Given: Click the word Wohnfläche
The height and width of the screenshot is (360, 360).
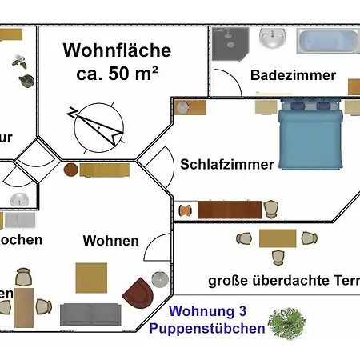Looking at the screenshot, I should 117,51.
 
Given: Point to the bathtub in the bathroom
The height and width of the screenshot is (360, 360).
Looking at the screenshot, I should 328,41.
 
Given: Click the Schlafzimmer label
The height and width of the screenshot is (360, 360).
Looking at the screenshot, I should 226,164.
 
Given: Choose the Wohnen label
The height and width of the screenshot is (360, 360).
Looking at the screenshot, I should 110,240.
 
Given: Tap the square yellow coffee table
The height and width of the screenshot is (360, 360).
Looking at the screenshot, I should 91,278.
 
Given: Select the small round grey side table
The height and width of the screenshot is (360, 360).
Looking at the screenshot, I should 160,278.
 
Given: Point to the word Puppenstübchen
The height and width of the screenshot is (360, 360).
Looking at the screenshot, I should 207,328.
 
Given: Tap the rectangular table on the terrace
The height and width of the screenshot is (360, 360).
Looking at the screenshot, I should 278,238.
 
